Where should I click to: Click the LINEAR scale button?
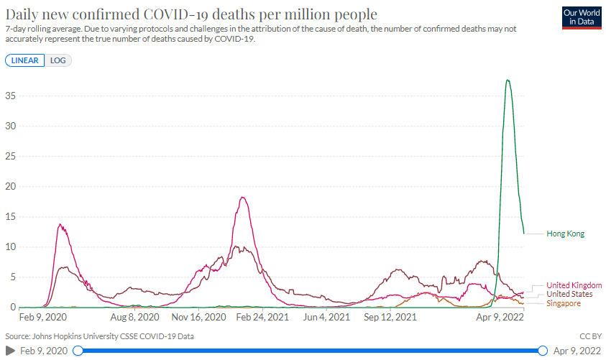25,60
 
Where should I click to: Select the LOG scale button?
58,60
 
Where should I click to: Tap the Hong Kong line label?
566,234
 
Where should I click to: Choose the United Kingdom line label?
573,286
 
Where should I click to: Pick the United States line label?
569,295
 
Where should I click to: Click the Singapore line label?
564,304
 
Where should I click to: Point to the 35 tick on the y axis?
11,96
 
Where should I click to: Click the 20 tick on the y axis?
11,187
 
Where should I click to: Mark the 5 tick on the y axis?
13,277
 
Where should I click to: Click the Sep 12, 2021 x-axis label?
390,316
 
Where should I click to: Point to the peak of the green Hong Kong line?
508,80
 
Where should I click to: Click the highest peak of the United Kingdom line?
244,198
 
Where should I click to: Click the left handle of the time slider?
78,351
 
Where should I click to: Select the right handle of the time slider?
543,351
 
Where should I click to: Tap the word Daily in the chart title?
23,14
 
